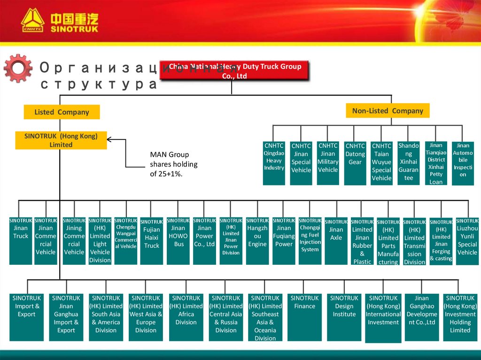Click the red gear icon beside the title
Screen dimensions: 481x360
click(18, 69)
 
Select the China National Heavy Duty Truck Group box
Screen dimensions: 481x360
click(234, 71)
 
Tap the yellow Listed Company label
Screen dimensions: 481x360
click(62, 112)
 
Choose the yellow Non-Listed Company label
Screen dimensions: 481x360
click(388, 111)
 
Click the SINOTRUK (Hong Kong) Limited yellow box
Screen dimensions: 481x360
click(61, 140)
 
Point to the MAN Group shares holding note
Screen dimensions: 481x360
click(173, 164)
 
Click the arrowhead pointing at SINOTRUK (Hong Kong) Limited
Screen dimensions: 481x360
click(110, 139)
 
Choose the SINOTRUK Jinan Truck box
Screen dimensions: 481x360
click(21, 240)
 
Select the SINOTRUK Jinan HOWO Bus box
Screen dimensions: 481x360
click(178, 240)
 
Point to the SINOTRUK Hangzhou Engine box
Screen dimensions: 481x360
click(257, 240)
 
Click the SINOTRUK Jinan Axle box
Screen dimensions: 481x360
click(336, 240)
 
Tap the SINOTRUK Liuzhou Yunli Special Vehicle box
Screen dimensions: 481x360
click(467, 240)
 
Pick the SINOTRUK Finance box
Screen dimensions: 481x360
click(305, 317)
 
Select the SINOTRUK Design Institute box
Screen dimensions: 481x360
click(344, 317)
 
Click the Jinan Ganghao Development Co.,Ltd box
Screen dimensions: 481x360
click(422, 317)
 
